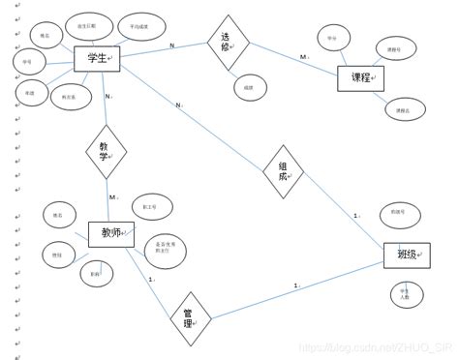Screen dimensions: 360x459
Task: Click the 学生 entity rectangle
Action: click(97, 59)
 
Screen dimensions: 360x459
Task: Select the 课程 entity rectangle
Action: click(360, 78)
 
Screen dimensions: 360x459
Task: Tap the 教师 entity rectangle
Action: click(111, 234)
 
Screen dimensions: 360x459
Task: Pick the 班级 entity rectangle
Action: click(406, 255)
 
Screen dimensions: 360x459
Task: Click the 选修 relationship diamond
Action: click(229, 43)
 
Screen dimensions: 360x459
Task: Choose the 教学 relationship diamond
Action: click(106, 152)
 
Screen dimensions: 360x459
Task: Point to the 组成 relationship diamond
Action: click(283, 172)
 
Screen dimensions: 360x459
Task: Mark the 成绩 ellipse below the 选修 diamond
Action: click(250, 87)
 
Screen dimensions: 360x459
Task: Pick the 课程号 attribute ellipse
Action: click(395, 47)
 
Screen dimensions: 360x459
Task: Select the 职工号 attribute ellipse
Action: click(152, 206)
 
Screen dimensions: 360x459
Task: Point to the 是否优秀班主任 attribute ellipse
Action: click(165, 251)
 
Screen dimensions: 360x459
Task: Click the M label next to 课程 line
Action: click(303, 57)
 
